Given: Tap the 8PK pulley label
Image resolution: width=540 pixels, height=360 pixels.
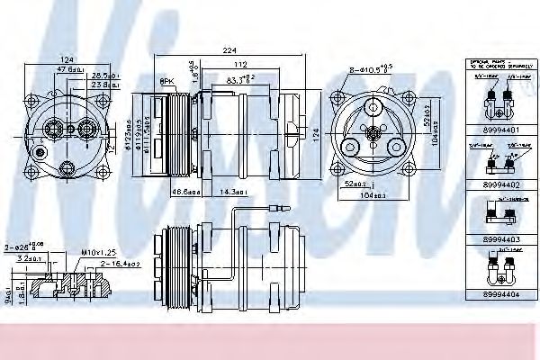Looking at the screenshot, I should click(166, 82).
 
